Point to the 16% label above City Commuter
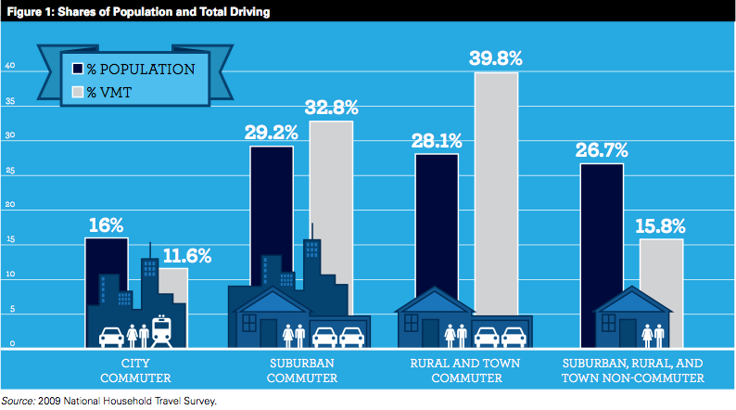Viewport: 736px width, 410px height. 107,225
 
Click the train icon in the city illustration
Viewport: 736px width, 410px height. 163,330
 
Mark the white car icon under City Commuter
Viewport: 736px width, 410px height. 111,335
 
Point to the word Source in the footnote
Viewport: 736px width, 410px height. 18,401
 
